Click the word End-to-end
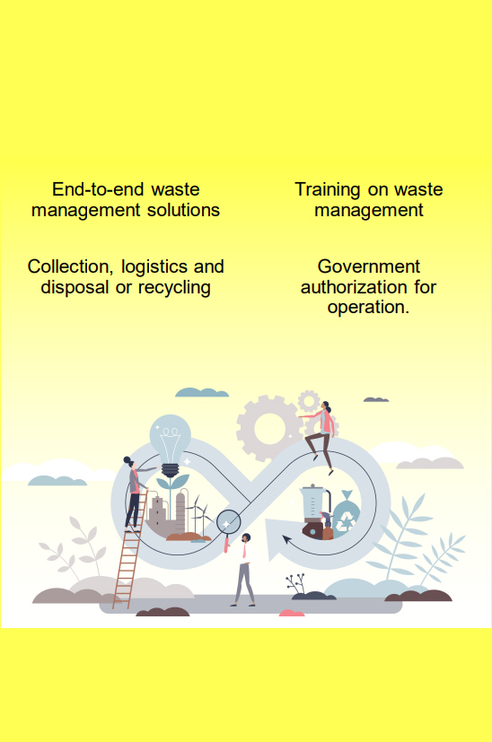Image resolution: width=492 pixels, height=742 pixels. click(99, 189)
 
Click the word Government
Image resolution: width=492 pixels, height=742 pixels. click(369, 266)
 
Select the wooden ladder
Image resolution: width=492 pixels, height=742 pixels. click(129, 549)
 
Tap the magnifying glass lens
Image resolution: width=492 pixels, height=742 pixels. click(229, 523)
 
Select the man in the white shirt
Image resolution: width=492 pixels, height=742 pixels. click(244, 569)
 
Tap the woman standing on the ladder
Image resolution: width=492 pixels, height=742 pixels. click(135, 493)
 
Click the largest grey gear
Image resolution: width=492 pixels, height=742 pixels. click(269, 428)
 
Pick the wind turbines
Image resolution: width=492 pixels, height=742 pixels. click(199, 513)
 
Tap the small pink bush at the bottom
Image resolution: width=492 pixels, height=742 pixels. click(292, 614)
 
